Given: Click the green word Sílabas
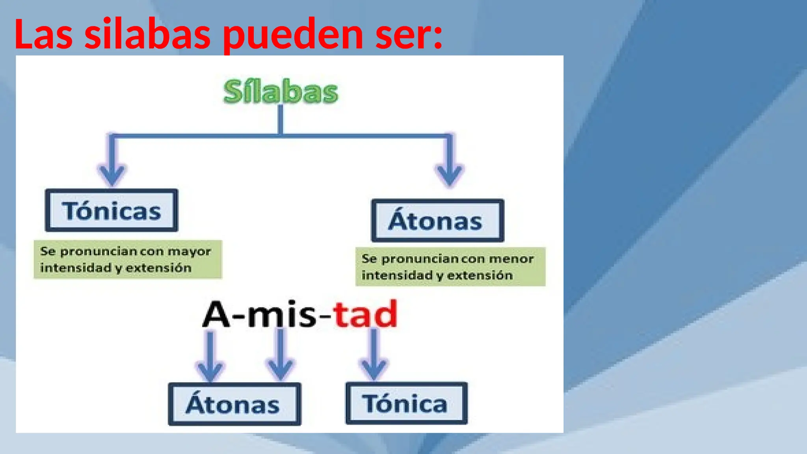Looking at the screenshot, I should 281,92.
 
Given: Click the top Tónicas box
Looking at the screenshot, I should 112,210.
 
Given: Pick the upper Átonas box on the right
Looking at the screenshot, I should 437,221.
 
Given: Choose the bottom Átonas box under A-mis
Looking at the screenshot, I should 234,404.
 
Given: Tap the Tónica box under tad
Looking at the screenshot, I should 406,404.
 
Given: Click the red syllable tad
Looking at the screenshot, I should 365,314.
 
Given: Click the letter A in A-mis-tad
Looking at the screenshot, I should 216,315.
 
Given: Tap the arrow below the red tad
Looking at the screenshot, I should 374,355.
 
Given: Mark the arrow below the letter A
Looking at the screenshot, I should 210,357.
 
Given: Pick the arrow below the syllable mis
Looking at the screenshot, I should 281,355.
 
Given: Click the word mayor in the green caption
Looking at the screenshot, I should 190,251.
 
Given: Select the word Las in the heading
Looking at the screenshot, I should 43,35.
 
